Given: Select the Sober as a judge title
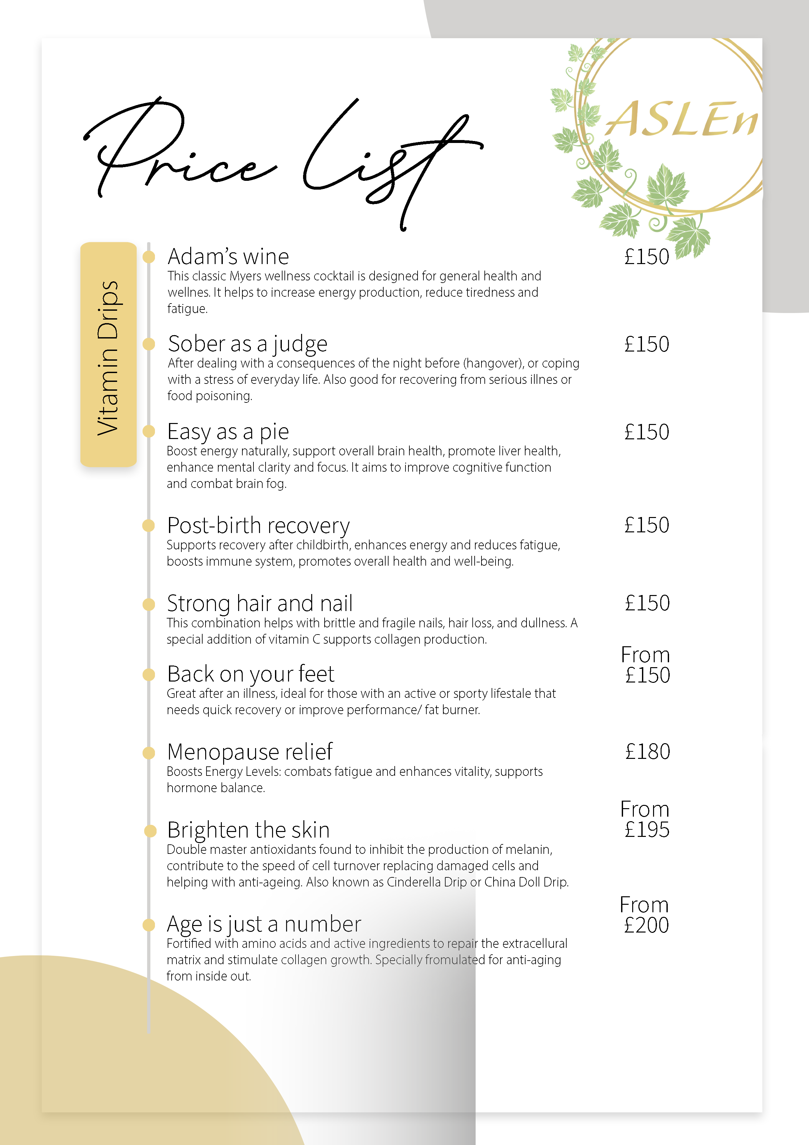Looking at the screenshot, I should pyautogui.click(x=247, y=344).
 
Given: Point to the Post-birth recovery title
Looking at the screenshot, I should pyautogui.click(x=258, y=525).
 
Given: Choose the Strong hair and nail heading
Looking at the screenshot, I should pyautogui.click(x=260, y=604).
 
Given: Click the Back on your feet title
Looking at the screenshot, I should pyautogui.click(x=251, y=674).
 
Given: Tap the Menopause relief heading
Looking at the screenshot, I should pyautogui.click(x=250, y=752).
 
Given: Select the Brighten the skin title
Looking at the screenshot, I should pyautogui.click(x=248, y=830).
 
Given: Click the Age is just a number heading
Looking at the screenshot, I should pyautogui.click(x=264, y=924).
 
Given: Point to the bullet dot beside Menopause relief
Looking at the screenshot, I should pyautogui.click(x=148, y=753).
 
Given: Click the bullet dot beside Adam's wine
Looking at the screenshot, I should pyautogui.click(x=148, y=257).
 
